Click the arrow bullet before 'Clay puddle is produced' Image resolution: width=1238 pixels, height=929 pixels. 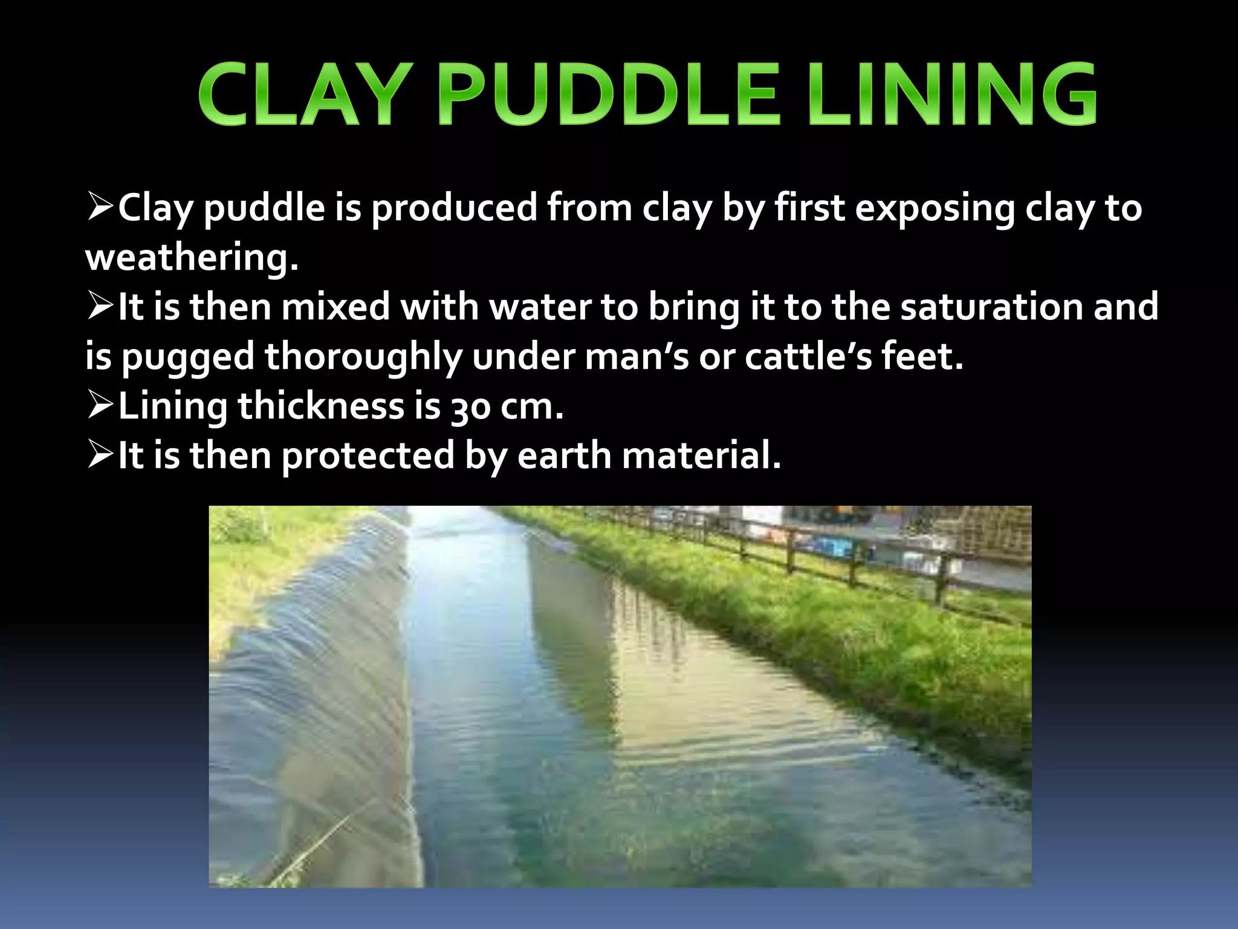pyautogui.click(x=100, y=206)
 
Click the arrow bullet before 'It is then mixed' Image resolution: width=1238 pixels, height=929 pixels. pyautogui.click(x=100, y=305)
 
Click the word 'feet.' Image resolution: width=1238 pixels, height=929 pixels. pyautogui.click(x=922, y=356)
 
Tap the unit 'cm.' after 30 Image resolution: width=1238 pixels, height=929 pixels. pyautogui.click(x=532, y=407)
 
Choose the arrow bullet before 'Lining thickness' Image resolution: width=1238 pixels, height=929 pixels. pyautogui.click(x=100, y=405)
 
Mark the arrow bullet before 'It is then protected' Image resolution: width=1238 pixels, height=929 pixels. pyautogui.click(x=100, y=454)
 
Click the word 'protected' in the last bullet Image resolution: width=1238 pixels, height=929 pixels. pyautogui.click(x=368, y=456)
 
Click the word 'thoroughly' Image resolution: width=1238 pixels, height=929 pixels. pyautogui.click(x=363, y=357)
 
